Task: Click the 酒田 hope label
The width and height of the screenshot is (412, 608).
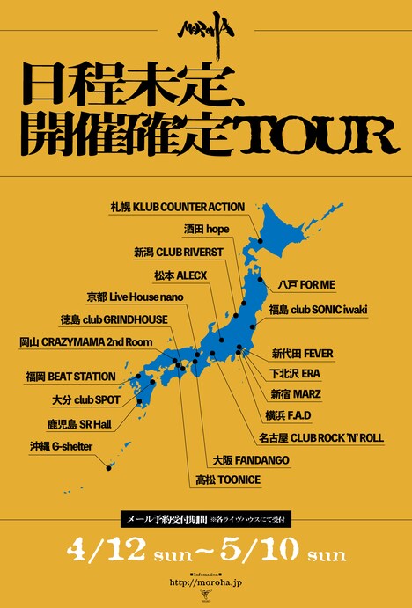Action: click(207, 227)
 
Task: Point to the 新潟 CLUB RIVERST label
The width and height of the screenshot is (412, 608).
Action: click(183, 251)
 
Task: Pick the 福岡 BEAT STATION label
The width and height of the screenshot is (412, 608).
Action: click(70, 377)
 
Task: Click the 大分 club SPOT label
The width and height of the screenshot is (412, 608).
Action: click(73, 399)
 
